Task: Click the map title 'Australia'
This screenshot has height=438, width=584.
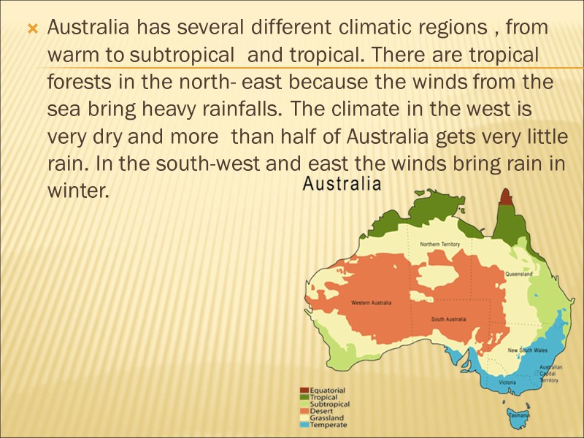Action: click(x=342, y=185)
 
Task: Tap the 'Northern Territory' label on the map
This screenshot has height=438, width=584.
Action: click(x=439, y=245)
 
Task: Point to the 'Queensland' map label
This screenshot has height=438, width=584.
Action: click(x=518, y=274)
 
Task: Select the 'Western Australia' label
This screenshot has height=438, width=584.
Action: click(x=371, y=303)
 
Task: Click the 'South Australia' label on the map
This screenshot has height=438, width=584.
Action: click(x=448, y=319)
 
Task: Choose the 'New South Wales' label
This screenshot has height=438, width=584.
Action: click(x=529, y=350)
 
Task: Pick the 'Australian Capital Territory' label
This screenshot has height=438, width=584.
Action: click(x=549, y=373)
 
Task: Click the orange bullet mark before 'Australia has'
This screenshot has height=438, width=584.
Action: click(x=31, y=30)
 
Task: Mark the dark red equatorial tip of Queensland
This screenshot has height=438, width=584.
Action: click(x=506, y=196)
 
